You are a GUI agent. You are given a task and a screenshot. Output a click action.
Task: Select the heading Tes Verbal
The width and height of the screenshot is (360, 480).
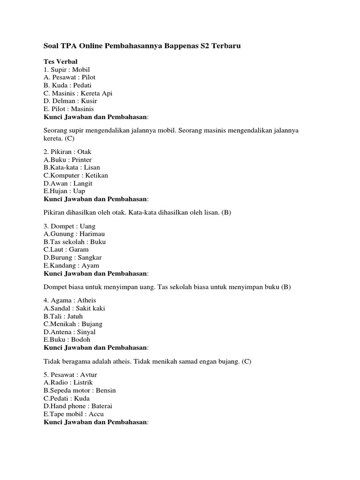click(x=60, y=61)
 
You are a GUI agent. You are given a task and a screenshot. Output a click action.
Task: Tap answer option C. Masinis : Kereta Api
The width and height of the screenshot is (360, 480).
click(x=78, y=93)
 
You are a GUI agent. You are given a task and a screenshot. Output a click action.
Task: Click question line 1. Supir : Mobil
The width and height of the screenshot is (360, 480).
click(x=66, y=69)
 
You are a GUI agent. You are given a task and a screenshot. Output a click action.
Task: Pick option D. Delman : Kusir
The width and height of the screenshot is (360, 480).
click(x=71, y=101)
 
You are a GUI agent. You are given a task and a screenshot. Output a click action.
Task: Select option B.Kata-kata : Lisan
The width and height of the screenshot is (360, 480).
click(x=72, y=167)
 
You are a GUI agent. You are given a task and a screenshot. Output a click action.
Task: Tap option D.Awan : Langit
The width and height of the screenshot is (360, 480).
click(x=68, y=183)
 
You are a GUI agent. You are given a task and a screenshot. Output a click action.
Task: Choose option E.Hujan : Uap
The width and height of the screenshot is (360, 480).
click(x=64, y=191)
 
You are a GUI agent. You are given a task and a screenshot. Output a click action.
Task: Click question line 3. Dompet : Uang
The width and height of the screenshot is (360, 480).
click(x=69, y=226)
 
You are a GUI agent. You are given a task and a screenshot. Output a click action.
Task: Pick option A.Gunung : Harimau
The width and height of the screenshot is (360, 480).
click(x=75, y=234)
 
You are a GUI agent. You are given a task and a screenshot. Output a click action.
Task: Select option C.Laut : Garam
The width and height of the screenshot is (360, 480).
click(x=66, y=249)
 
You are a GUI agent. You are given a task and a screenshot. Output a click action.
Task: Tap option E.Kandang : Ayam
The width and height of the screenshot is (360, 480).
click(x=71, y=265)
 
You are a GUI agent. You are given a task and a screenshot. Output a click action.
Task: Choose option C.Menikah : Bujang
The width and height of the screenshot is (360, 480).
click(x=73, y=323)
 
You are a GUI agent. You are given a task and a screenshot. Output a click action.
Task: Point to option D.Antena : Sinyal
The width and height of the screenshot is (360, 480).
click(x=69, y=331)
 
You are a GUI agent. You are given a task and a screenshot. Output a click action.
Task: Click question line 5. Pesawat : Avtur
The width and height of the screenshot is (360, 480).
click(x=70, y=375)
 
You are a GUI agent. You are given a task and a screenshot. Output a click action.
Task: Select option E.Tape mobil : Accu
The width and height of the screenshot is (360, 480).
click(x=74, y=414)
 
